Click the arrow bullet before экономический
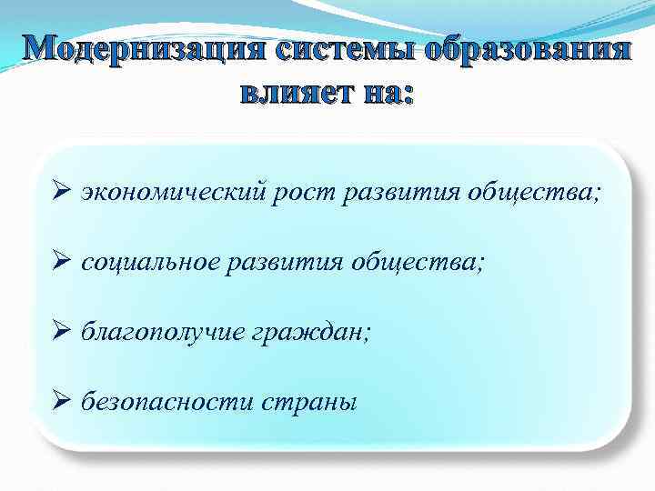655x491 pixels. point(61,193)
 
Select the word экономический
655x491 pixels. point(172,194)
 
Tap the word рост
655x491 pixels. point(303,194)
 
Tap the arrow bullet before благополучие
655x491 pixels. point(61,331)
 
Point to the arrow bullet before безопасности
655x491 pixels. point(61,400)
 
